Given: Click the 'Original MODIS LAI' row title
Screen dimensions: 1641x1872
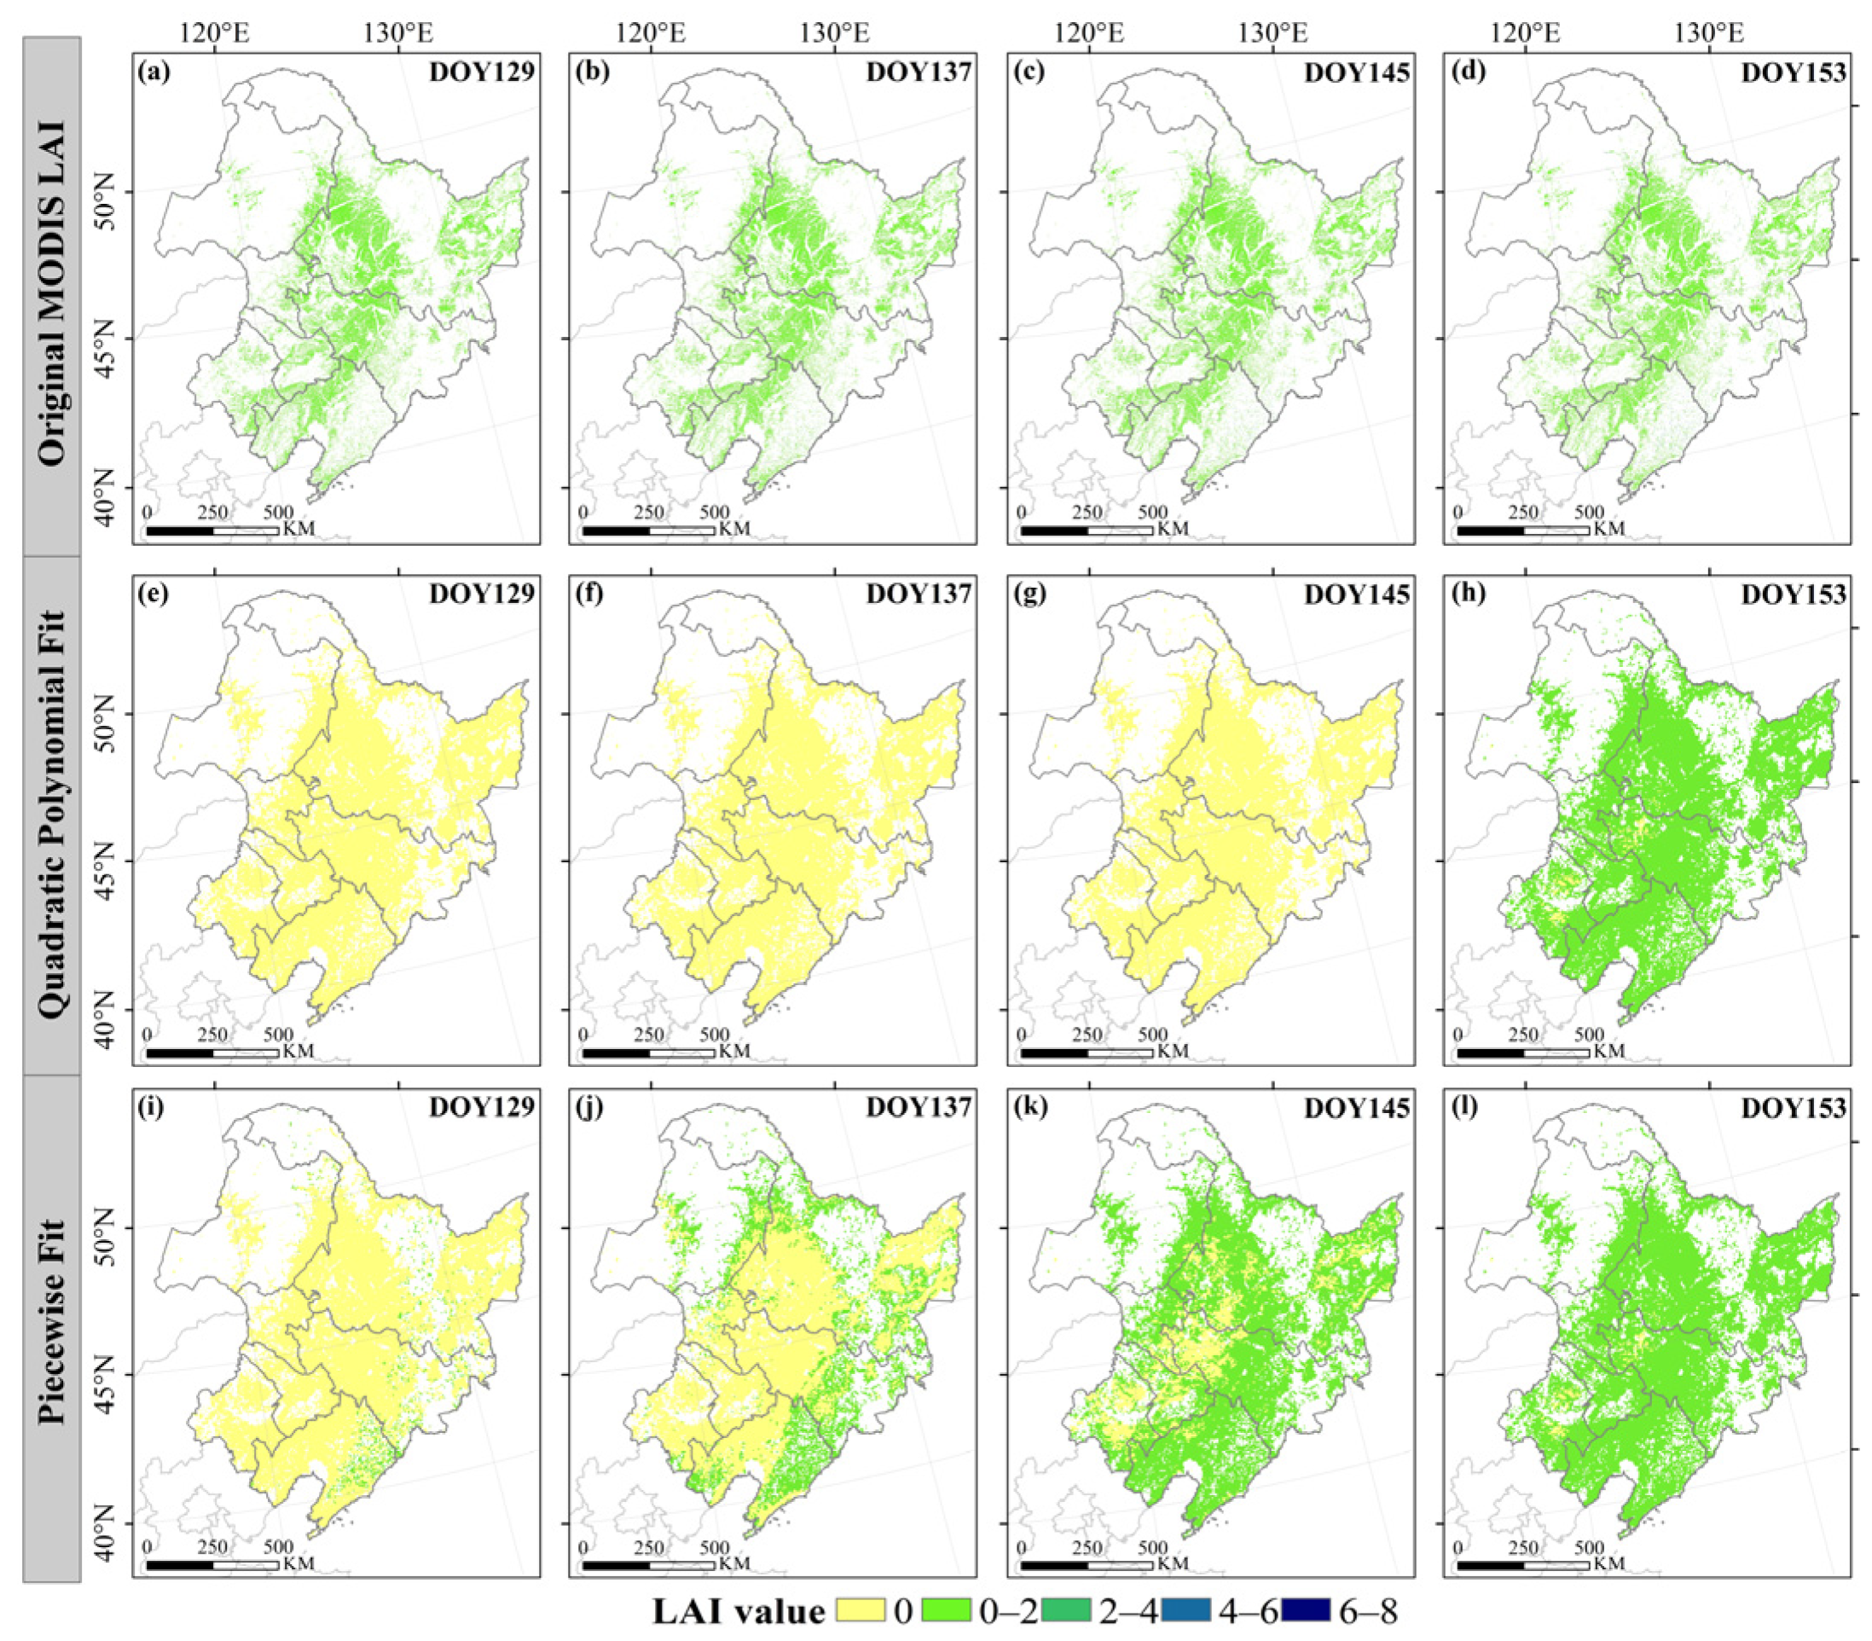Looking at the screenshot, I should coord(52,295).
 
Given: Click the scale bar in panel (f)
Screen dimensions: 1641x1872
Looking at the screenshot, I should coord(648,1053).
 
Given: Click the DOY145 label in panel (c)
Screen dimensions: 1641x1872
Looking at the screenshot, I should coord(1356,72).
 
